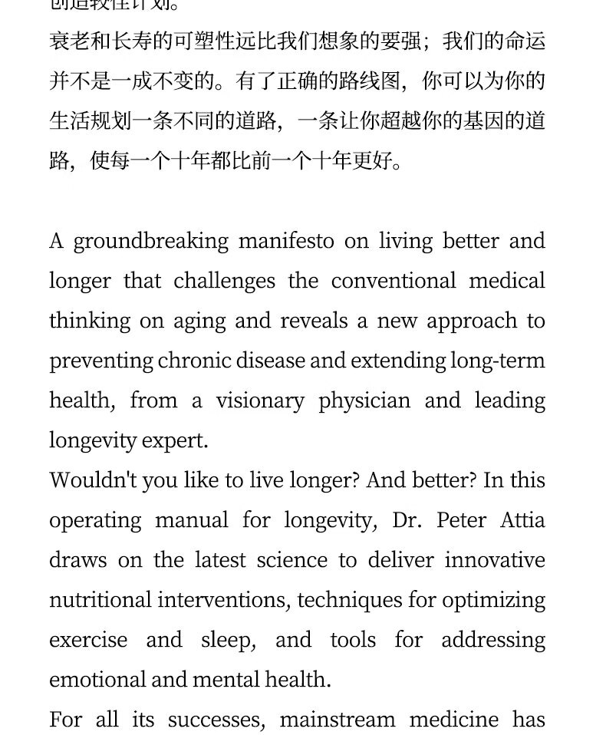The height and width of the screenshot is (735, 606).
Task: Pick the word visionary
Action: (x=259, y=400)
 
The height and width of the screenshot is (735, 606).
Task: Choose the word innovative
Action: (x=495, y=559)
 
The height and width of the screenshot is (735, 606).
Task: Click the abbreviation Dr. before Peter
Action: (x=407, y=520)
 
